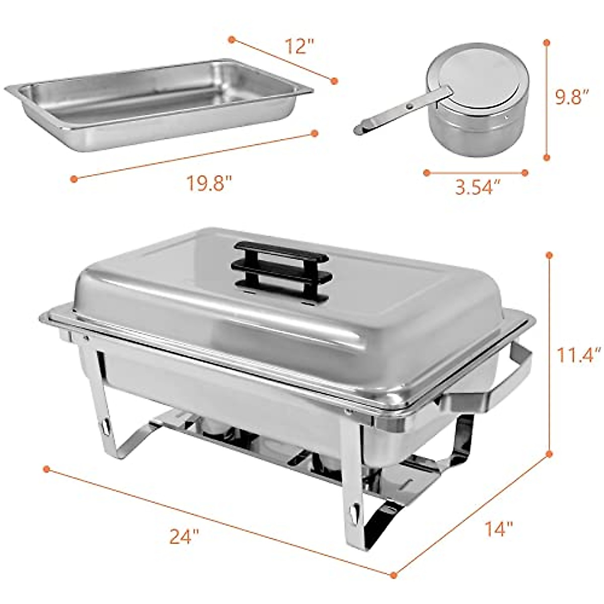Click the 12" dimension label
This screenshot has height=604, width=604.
[299, 46]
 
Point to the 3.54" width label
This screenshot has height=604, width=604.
[478, 187]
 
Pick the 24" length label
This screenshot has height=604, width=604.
[182, 538]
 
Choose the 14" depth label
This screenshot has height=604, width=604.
[499, 528]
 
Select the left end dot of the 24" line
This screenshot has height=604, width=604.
[46, 469]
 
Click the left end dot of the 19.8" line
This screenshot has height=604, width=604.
[74, 179]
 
